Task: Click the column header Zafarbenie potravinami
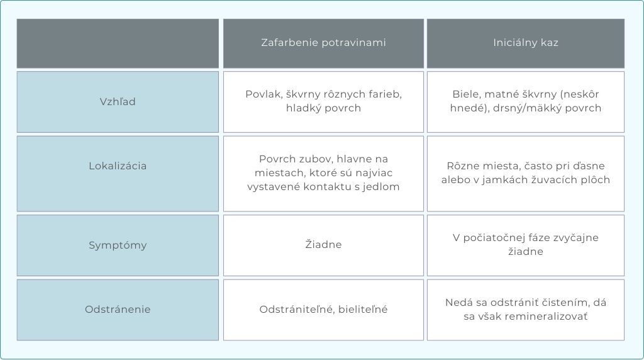click(324, 43)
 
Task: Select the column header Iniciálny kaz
click(526, 43)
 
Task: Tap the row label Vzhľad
click(118, 101)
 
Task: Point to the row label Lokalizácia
click(118, 166)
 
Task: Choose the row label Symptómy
click(118, 245)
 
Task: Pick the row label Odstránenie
click(118, 310)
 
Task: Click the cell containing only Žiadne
click(324, 245)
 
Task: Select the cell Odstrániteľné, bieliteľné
click(324, 310)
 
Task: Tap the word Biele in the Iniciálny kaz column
click(466, 94)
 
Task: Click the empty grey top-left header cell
click(118, 43)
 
